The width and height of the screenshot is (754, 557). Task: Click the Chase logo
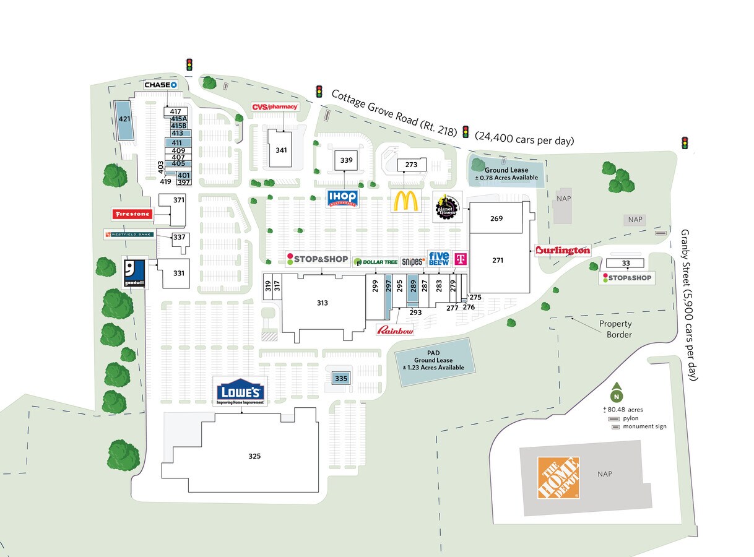pos(161,85)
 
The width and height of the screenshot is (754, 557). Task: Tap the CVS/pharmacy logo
pos(275,107)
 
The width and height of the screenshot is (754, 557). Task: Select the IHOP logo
pos(342,199)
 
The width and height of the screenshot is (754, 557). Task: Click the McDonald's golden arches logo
pos(405,201)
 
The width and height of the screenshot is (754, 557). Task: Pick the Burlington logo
pos(563,251)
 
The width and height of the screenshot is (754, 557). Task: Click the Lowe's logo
pos(240,392)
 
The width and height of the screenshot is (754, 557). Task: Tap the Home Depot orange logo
pos(558,478)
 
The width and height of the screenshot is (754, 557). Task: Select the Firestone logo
pos(131,214)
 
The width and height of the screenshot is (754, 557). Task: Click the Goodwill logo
pos(134,272)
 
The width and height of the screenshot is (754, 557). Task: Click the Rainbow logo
pos(395,330)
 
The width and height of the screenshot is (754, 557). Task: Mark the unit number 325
pos(254,456)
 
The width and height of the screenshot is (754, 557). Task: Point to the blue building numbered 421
pos(124,119)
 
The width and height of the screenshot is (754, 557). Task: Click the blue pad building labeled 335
pos(340,378)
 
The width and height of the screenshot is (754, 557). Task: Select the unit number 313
pos(322,303)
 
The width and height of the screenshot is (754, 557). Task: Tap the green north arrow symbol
pos(616,396)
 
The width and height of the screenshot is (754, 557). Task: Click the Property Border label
pos(615,329)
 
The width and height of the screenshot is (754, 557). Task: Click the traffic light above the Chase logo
pos(189,64)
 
